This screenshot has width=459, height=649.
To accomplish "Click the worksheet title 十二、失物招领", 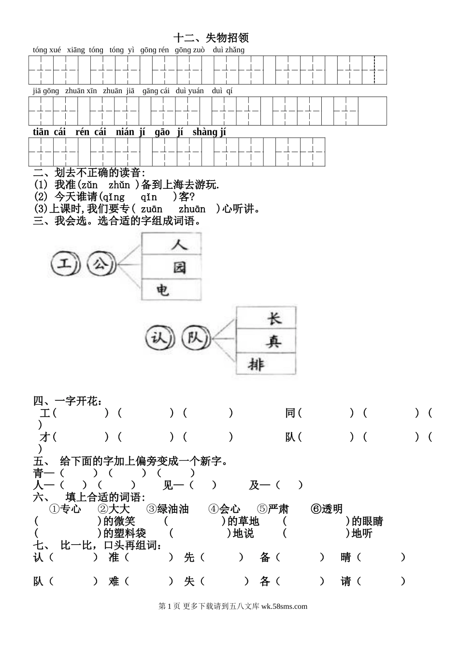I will (x=211, y=38).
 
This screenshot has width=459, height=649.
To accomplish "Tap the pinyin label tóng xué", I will (x=47, y=50).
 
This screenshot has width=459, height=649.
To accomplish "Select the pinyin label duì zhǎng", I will (x=229, y=50).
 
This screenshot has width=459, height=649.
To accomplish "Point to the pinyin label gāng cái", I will (x=156, y=91).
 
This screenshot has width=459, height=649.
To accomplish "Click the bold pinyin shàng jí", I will (x=209, y=132).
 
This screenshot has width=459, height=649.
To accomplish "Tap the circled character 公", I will (x=100, y=264).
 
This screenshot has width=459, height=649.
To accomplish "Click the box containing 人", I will (x=172, y=244).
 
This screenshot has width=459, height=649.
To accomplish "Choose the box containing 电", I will (x=172, y=290).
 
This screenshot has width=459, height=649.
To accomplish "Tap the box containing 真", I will (x=266, y=342).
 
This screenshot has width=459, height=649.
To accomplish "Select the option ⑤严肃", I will (x=273, y=509).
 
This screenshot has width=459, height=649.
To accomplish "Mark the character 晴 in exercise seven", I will (x=346, y=557).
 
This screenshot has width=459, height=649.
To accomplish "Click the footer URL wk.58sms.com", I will (x=284, y=607).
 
